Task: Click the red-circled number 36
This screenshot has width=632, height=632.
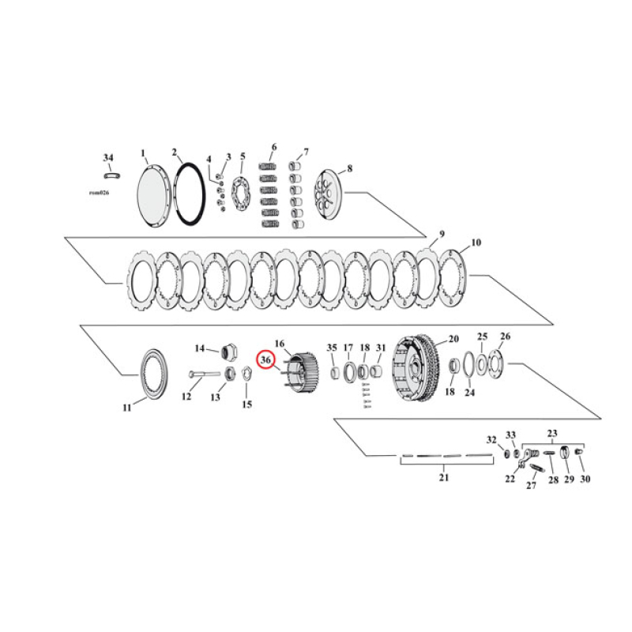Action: (x=267, y=360)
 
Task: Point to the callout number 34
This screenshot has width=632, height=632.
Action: (x=108, y=158)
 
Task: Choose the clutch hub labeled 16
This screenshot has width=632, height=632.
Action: (x=298, y=373)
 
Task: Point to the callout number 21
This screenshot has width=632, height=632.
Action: (x=443, y=477)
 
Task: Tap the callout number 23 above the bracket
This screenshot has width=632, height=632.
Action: (x=551, y=433)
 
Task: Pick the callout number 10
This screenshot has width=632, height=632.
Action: (x=476, y=243)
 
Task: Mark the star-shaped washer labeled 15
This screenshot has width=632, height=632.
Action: (x=246, y=373)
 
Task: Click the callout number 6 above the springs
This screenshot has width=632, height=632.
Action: (x=273, y=147)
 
